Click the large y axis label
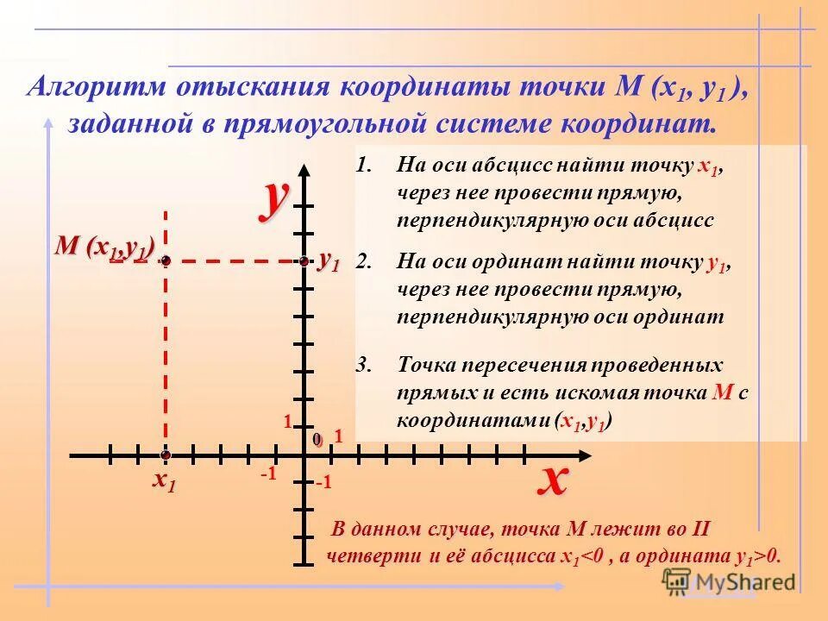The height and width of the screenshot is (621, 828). coord(276,198)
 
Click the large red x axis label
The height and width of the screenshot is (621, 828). coord(553,478)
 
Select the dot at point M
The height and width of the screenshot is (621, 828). coord(165,260)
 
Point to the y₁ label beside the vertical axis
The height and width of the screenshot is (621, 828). coord(329,260)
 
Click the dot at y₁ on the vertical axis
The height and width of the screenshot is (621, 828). coord(304,260)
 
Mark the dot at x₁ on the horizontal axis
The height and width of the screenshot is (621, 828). coord(165,454)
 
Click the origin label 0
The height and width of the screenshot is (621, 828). coord(317,440)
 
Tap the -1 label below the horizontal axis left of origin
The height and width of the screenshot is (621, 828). coord(267,474)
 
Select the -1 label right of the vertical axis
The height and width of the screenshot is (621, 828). coord(324,483)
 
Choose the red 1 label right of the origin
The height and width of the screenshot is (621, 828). coord(339,436)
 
